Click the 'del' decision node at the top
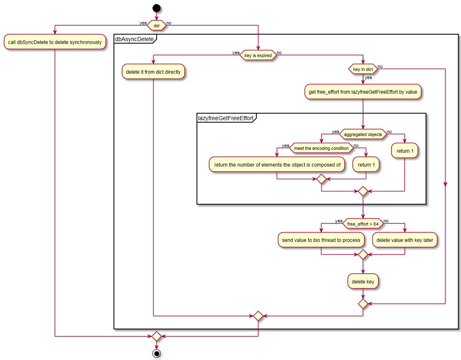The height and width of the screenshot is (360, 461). [x=156, y=25]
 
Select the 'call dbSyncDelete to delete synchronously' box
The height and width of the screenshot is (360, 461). [x=55, y=42]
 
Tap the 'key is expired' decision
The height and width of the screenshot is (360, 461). [x=258, y=55]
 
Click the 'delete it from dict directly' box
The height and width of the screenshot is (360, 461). [x=153, y=72]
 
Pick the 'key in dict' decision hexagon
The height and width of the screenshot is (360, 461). [x=363, y=70]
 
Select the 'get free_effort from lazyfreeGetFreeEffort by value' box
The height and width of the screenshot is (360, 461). [x=363, y=92]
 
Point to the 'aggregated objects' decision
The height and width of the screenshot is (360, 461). [x=363, y=134]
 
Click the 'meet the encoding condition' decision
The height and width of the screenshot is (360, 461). [x=321, y=148]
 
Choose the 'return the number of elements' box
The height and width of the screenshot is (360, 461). [x=277, y=165]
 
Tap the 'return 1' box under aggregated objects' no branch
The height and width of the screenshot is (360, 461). [x=405, y=151]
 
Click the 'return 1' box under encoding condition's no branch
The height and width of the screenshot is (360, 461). [x=366, y=165]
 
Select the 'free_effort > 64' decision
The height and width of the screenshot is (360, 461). [x=363, y=224]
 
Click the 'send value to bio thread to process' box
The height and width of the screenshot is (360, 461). [x=321, y=240]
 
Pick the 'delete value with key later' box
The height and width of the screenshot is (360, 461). [x=405, y=240]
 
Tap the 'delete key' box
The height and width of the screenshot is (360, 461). [x=363, y=281]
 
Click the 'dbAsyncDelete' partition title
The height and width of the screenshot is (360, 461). [x=135, y=39]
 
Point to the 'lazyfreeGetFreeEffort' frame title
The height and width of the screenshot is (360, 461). [x=225, y=119]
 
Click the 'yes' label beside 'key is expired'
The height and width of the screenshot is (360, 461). [x=236, y=53]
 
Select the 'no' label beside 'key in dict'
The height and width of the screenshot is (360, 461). [x=380, y=67]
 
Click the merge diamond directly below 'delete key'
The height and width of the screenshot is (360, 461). [x=363, y=304]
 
